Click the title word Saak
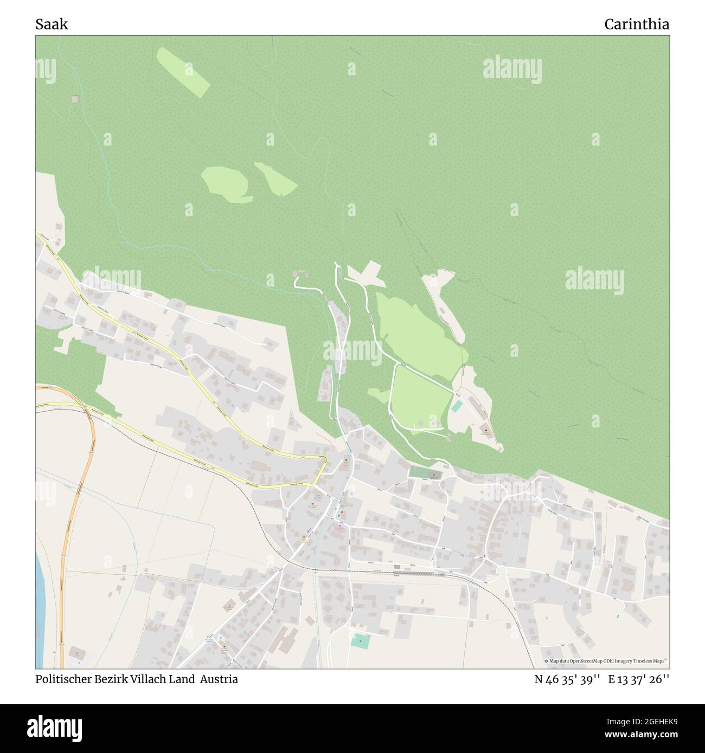(x=52, y=24)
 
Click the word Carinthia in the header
(x=637, y=24)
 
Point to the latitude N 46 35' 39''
(x=567, y=679)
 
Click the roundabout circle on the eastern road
(x=501, y=570)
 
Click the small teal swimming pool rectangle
(x=457, y=405)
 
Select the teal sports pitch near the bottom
(x=360, y=641)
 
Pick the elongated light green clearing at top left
(x=183, y=72)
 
